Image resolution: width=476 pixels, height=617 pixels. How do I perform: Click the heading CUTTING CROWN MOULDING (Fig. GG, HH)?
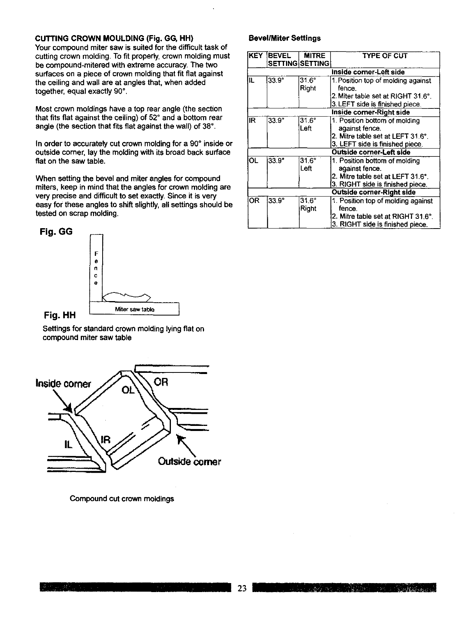click(x=114, y=39)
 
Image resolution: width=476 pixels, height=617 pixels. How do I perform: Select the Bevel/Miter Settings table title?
click(x=284, y=38)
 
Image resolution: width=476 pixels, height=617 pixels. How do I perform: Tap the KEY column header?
click(x=256, y=56)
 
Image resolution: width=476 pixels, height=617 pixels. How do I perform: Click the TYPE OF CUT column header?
click(x=385, y=56)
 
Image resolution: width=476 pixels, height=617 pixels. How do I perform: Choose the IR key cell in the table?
click(x=252, y=121)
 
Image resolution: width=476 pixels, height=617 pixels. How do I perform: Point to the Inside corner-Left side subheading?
click(x=368, y=72)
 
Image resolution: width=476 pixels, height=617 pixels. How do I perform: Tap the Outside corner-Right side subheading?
click(x=373, y=192)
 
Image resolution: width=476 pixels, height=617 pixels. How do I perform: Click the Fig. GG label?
click(x=56, y=232)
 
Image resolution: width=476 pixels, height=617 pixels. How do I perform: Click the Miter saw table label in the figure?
click(x=135, y=310)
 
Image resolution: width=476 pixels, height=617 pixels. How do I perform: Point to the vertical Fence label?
click(x=96, y=268)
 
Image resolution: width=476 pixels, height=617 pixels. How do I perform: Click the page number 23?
click(x=242, y=589)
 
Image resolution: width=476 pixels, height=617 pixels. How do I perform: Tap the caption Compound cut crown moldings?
click(x=122, y=499)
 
